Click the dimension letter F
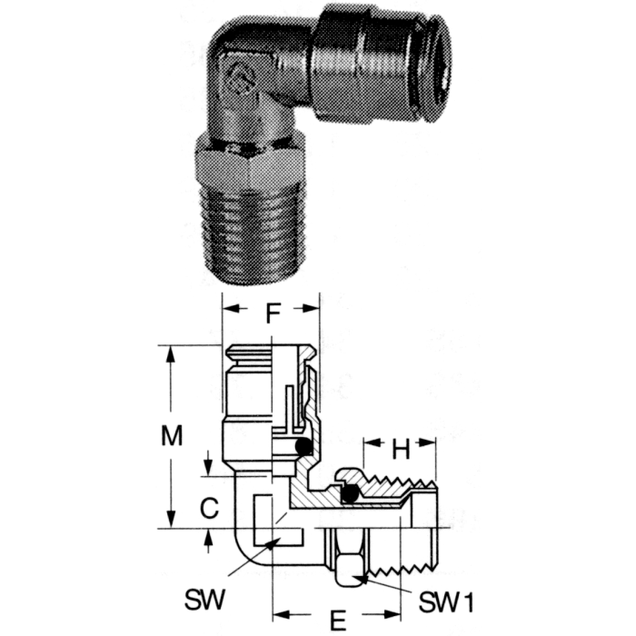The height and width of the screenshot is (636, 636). pos(272,314)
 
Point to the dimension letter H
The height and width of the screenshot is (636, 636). pos(400,447)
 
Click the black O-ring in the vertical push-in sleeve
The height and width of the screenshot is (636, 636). pos(304,446)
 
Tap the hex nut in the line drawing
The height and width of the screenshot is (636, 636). pos(349,554)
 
